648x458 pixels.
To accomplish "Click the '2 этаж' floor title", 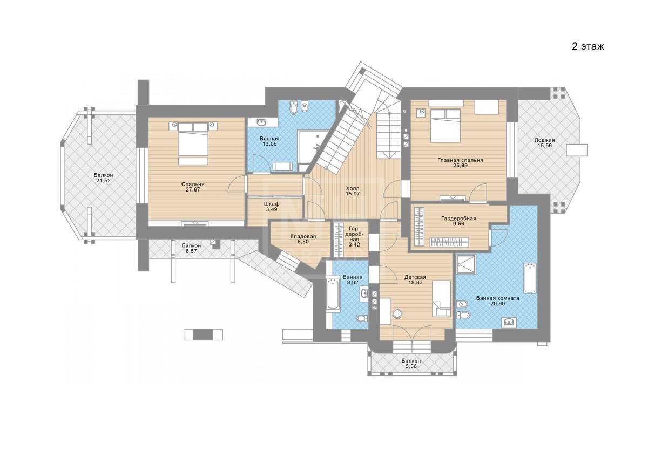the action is [x=588, y=46].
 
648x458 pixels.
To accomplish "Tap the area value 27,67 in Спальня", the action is [x=193, y=189].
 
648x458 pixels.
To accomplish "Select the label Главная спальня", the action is [x=460, y=160].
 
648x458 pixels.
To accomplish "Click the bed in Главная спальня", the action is [x=445, y=126].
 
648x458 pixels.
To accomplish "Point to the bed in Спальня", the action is [x=193, y=143].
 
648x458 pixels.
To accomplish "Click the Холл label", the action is [x=353, y=188].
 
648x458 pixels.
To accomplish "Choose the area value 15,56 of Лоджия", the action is [x=544, y=146].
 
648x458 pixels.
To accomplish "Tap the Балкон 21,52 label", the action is [x=103, y=177].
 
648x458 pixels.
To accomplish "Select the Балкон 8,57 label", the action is [x=191, y=248].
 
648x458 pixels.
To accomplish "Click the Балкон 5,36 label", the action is [x=411, y=364].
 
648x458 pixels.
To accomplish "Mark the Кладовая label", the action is [x=303, y=236].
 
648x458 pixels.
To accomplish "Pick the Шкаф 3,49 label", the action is [x=271, y=206].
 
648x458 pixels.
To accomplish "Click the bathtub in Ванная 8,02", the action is [x=333, y=294].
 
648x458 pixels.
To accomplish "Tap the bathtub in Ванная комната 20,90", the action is [x=530, y=278].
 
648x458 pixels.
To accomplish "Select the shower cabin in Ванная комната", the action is [x=465, y=264].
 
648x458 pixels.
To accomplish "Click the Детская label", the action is [x=415, y=277].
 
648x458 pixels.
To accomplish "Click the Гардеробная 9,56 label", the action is [x=458, y=221].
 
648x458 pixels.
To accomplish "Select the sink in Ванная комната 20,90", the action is [x=509, y=322].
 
